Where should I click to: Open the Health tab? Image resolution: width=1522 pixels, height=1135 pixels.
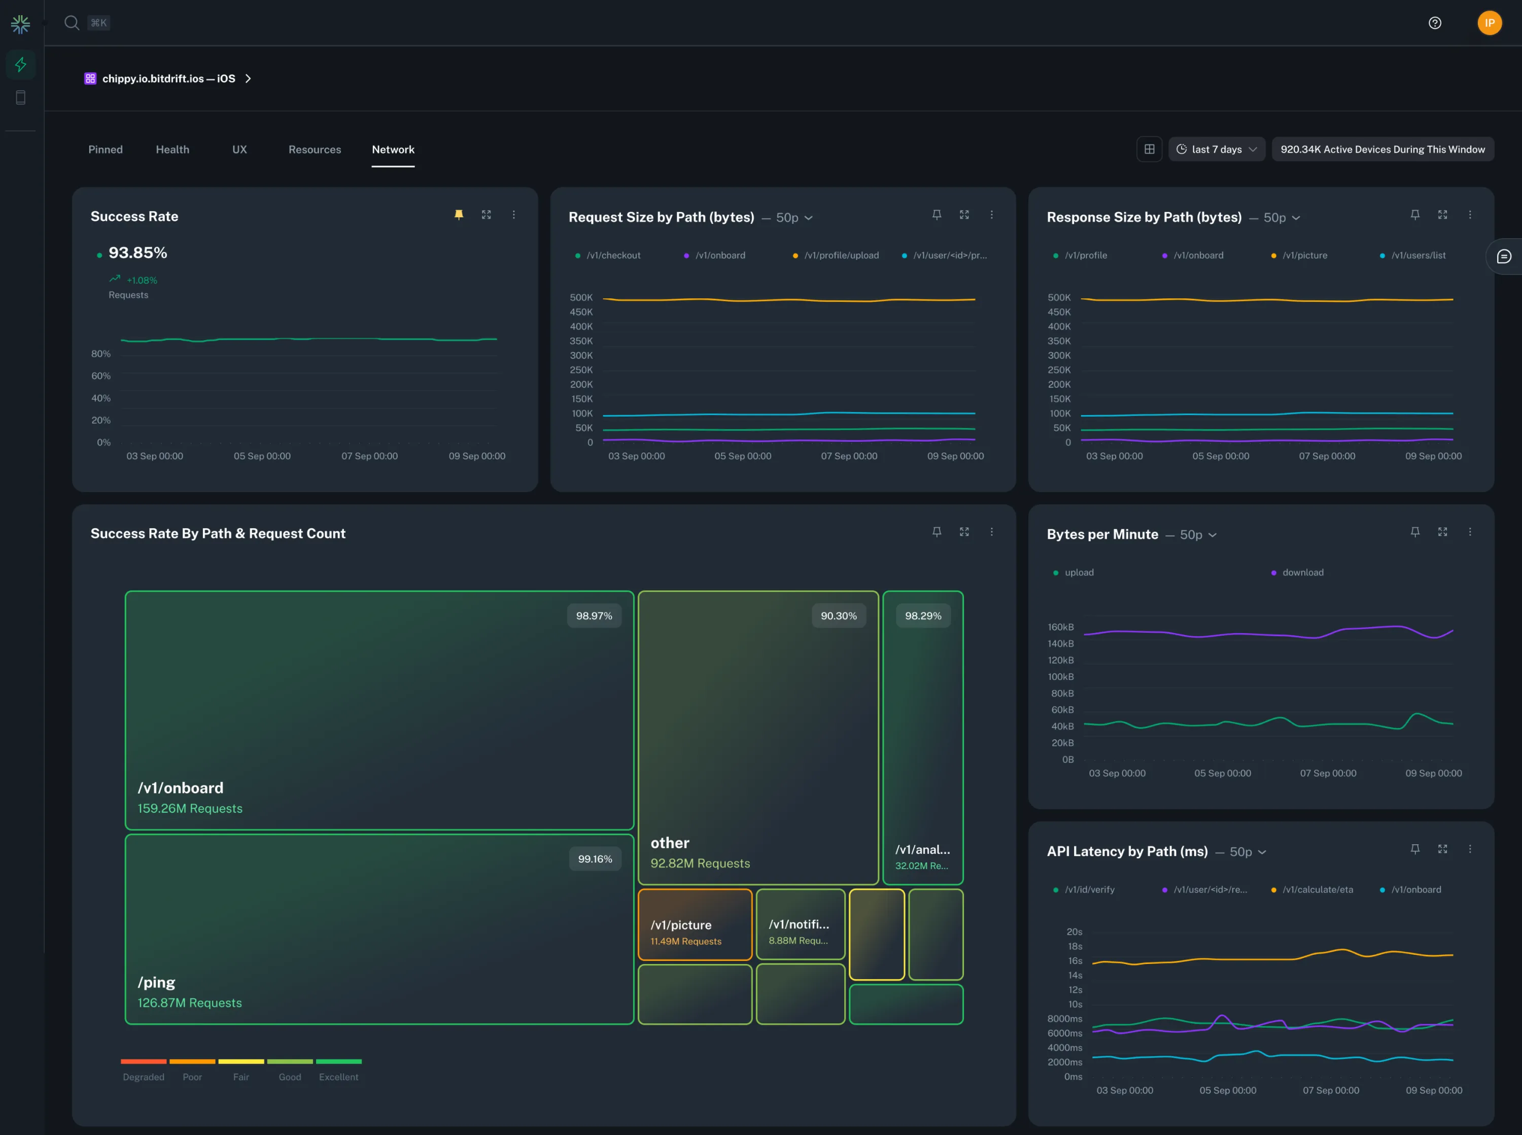[172, 149]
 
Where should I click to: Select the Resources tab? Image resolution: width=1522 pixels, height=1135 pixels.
[315, 149]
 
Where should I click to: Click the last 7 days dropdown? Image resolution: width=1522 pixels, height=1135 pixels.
[1217, 149]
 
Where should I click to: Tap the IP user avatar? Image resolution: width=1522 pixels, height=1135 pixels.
[1489, 23]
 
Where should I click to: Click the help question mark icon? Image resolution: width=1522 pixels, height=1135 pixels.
[1435, 23]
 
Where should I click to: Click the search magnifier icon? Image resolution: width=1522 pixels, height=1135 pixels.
[72, 23]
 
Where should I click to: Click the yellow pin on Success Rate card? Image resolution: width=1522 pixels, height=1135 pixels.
[459, 214]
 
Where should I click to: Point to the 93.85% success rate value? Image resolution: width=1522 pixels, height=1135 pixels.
[137, 253]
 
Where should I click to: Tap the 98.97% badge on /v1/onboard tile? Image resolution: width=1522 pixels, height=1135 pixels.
[594, 615]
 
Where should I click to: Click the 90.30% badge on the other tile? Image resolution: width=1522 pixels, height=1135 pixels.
[838, 615]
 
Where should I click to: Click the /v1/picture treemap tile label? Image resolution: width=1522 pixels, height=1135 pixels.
[681, 925]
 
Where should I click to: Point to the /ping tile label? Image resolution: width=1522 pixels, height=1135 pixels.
[157, 982]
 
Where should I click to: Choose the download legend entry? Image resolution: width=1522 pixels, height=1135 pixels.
[1302, 572]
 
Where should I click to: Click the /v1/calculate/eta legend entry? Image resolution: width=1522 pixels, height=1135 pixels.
[1318, 889]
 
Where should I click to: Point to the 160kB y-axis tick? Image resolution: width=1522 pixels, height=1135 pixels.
[1060, 627]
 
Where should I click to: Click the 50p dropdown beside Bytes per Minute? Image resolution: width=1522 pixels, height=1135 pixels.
[1198, 535]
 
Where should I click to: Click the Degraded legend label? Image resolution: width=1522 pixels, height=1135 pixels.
[144, 1077]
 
